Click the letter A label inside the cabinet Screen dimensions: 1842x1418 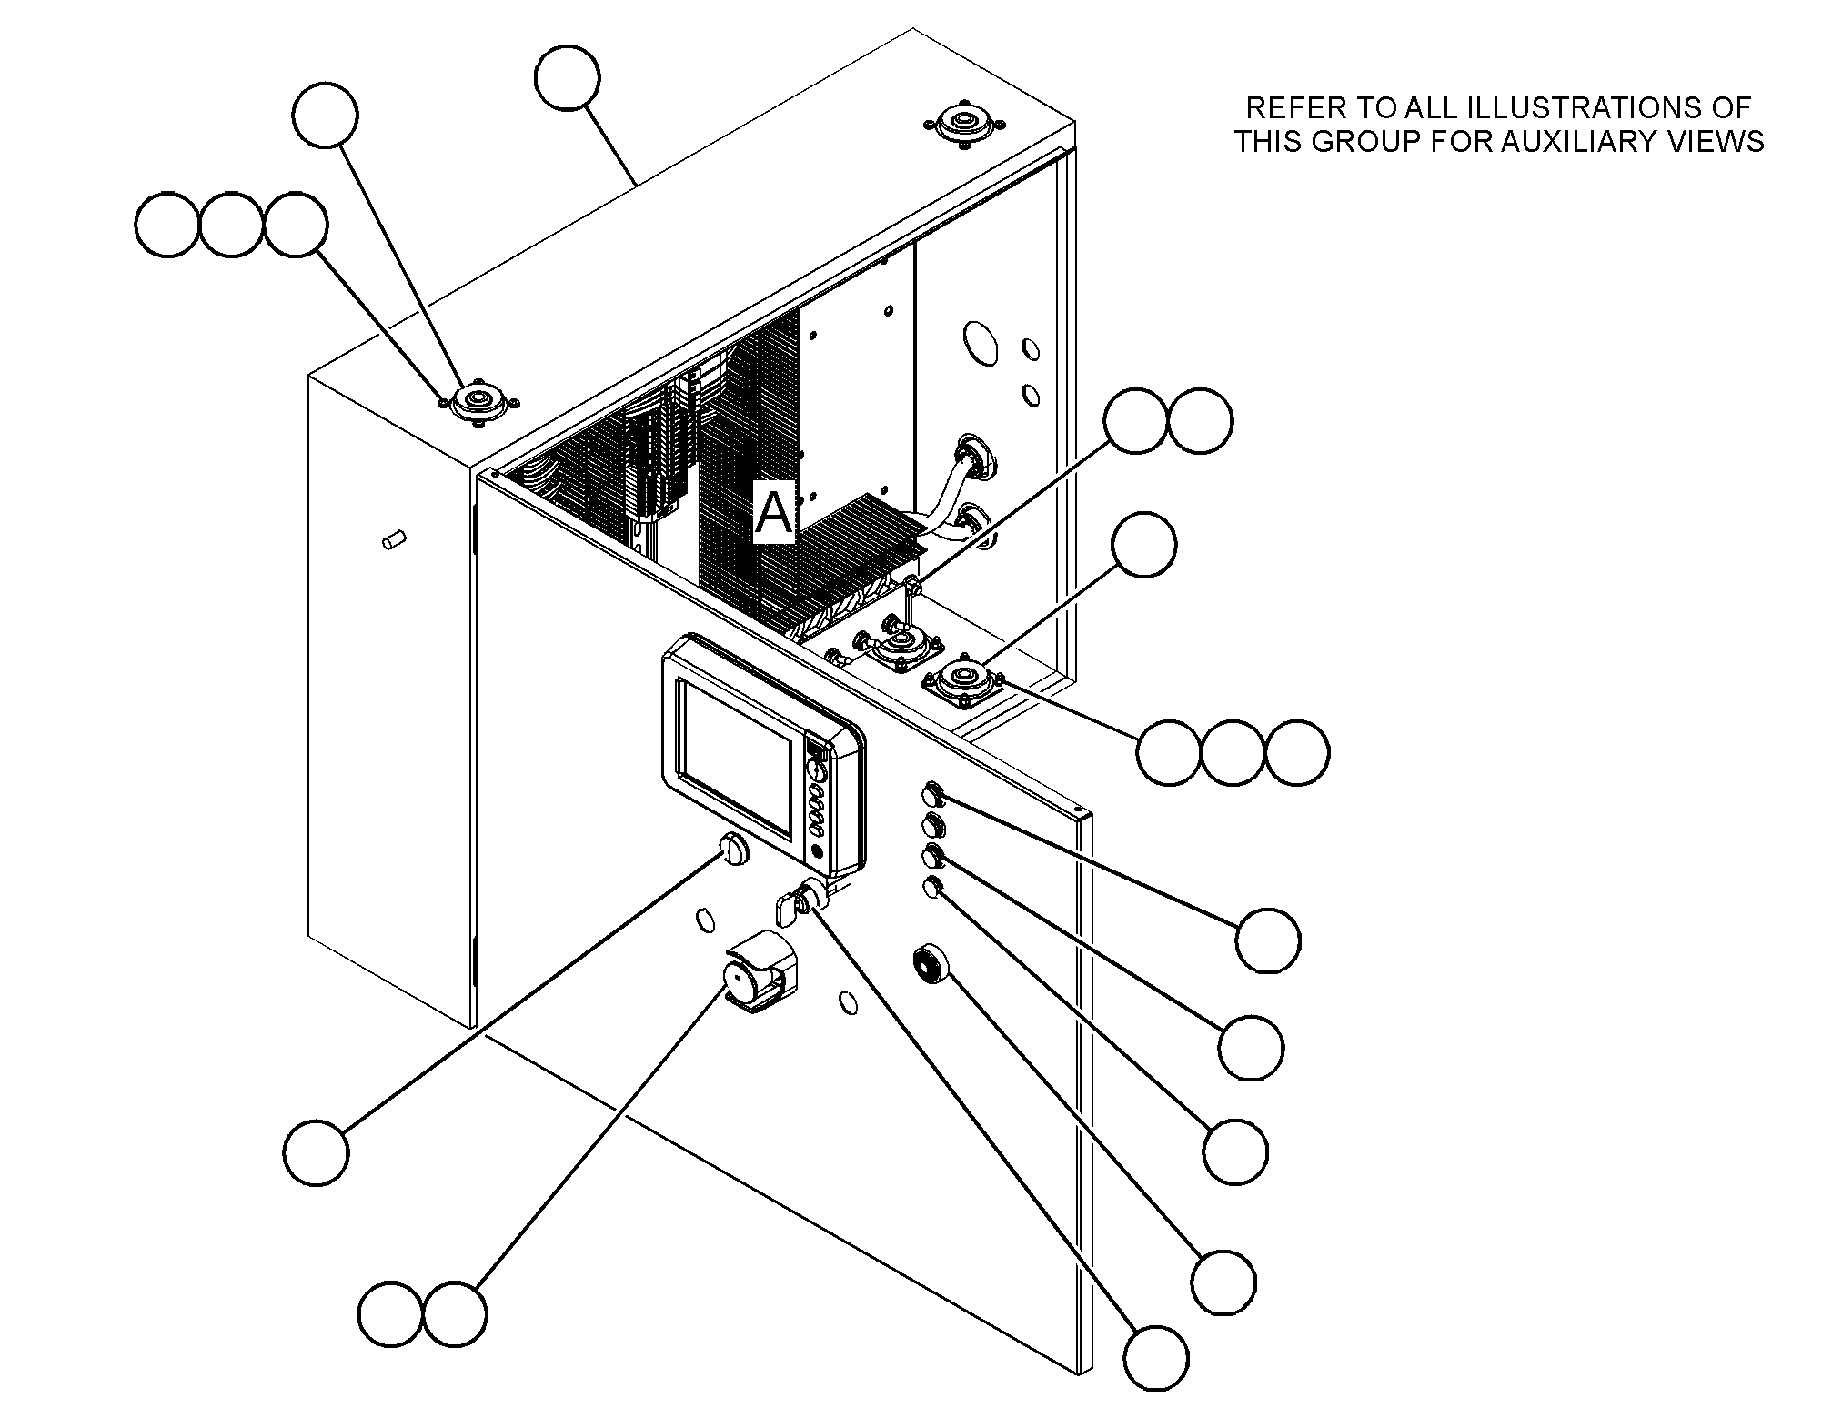pos(774,512)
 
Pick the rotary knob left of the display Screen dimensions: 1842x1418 pos(733,850)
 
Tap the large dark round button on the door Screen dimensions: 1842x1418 pos(931,964)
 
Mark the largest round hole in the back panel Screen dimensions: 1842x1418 pos(979,344)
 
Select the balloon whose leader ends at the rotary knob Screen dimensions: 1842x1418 pos(317,1152)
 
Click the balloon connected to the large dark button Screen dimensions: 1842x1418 pos(1223,1282)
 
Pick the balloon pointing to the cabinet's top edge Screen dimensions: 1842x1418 pos(568,79)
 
